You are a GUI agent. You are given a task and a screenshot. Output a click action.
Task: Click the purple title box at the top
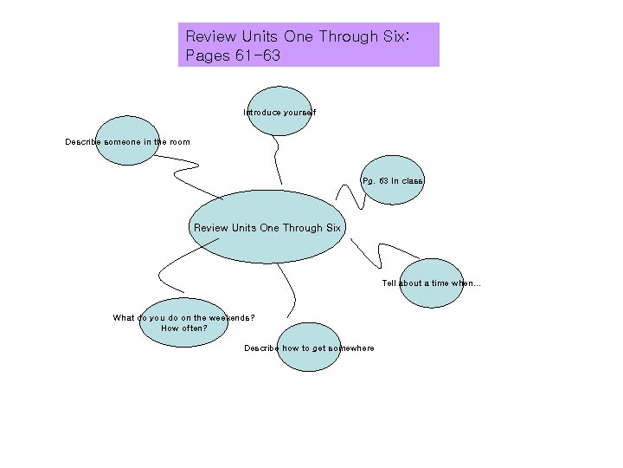pyautogui.click(x=308, y=45)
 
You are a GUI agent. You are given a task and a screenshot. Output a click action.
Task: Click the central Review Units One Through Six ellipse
pyautogui.click(x=267, y=227)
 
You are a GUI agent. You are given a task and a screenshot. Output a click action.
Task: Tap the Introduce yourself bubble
pyautogui.click(x=279, y=112)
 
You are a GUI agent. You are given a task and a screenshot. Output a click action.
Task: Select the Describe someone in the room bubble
pyautogui.click(x=127, y=140)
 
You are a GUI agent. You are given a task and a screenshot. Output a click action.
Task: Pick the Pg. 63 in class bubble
pyautogui.click(x=393, y=180)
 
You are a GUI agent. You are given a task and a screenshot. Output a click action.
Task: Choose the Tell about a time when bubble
pyautogui.click(x=432, y=283)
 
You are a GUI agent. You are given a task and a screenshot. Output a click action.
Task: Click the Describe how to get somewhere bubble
pyautogui.click(x=309, y=348)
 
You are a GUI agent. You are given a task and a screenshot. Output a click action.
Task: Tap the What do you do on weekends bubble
pyautogui.click(x=183, y=322)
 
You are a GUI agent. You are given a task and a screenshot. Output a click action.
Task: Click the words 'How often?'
pyautogui.click(x=183, y=328)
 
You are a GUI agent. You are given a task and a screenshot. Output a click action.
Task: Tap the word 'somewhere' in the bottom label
pyautogui.click(x=350, y=348)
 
